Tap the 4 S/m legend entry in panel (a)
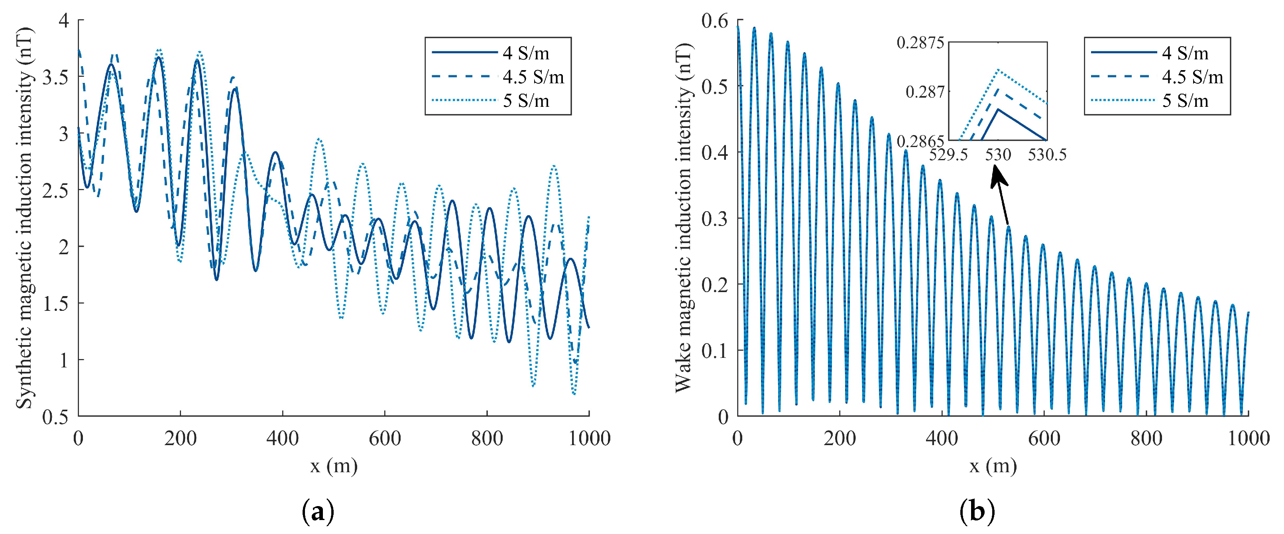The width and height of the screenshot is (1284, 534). (x=525, y=53)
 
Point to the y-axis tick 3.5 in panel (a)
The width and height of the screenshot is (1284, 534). (x=55, y=77)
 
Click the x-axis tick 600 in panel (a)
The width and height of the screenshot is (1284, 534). (x=384, y=438)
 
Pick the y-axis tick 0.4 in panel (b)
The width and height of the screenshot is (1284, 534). (x=714, y=152)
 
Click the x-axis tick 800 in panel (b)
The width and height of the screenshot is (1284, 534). (x=1146, y=438)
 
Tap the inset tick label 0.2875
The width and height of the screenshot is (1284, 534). (x=920, y=43)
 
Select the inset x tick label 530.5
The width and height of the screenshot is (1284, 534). (x=1047, y=155)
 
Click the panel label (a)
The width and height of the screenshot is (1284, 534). (x=318, y=512)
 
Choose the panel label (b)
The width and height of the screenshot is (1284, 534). (x=977, y=512)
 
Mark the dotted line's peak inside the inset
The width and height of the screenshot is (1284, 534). (x=998, y=70)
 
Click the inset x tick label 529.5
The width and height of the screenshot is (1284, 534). (x=948, y=155)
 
